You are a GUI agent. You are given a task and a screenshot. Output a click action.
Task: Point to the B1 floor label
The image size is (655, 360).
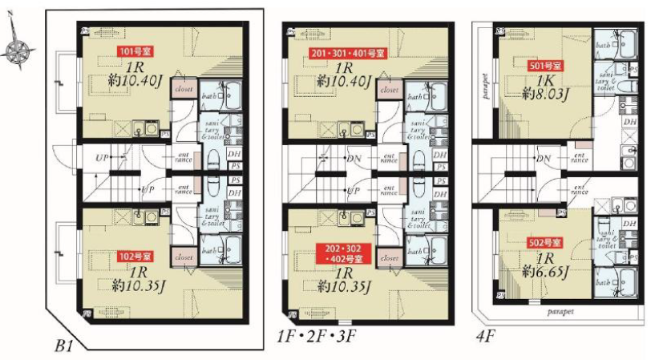(x=64, y=346)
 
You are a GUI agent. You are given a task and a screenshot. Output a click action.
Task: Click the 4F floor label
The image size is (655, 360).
(x=486, y=335)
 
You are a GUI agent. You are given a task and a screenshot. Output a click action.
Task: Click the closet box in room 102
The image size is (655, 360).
(x=184, y=257)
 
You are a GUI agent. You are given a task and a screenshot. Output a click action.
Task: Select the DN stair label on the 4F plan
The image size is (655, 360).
(x=544, y=158)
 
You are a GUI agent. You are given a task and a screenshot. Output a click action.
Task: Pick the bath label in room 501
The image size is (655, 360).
(x=603, y=47)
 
